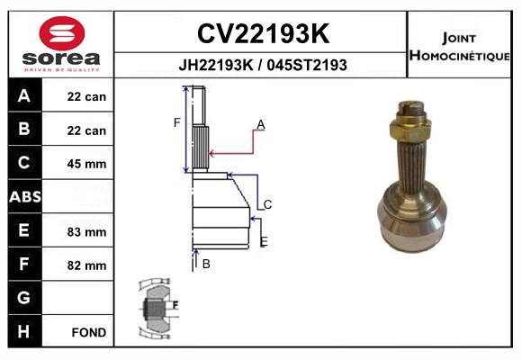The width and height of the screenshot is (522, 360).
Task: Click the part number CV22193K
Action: [x=262, y=33]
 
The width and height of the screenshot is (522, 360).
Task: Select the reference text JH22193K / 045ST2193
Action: [x=262, y=65]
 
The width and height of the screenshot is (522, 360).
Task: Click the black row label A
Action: [x=23, y=96]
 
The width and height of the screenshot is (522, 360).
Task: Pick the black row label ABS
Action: [x=23, y=197]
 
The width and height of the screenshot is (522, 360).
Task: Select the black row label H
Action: [x=23, y=331]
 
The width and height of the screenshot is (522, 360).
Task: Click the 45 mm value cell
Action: [x=86, y=164]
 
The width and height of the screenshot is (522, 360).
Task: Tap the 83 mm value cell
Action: [x=86, y=231]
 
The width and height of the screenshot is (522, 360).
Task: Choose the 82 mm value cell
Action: [x=86, y=265]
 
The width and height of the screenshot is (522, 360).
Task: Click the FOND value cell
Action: [x=89, y=332]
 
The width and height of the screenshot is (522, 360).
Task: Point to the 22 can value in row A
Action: [x=86, y=97]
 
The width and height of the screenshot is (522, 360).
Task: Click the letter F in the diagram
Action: [x=177, y=121]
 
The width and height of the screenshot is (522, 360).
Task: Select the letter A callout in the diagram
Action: [x=260, y=123]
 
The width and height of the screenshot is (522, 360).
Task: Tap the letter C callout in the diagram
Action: [x=267, y=204]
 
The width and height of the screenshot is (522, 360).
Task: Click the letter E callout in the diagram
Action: [x=264, y=241]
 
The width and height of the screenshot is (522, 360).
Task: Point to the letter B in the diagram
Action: [x=206, y=264]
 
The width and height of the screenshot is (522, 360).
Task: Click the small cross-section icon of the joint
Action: [x=158, y=307]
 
